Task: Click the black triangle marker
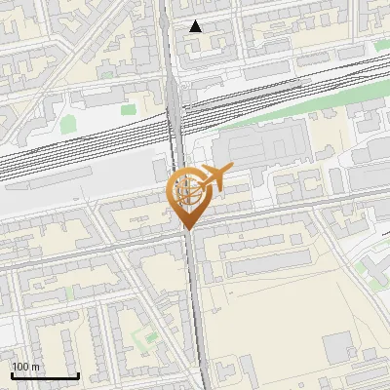(196, 26)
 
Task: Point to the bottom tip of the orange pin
(186, 230)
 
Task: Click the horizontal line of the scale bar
(45, 375)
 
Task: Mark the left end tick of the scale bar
(12, 373)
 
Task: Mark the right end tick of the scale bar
(78, 373)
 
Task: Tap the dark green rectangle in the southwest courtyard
(149, 339)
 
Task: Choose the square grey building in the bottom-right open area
(337, 347)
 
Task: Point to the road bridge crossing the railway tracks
(175, 122)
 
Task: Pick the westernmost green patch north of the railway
(68, 125)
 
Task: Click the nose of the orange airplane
(231, 170)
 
